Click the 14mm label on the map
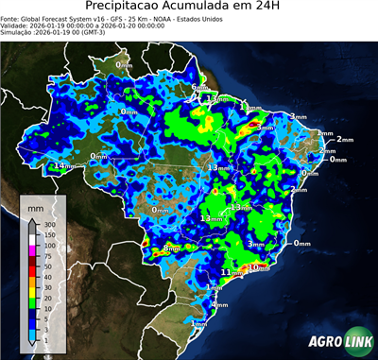64,166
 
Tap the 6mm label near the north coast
200,88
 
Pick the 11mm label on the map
228,272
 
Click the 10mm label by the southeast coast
258,267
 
